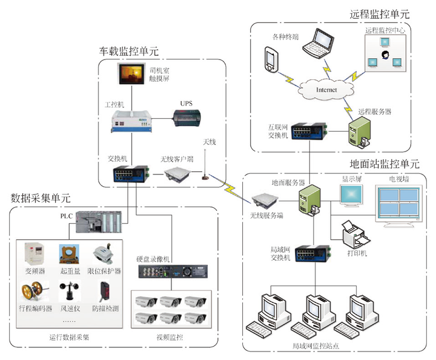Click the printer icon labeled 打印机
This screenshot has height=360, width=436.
[351, 235]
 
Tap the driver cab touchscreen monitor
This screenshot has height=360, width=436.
[133, 74]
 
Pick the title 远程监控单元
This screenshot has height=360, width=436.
[379, 14]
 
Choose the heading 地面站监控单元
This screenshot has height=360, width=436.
[385, 164]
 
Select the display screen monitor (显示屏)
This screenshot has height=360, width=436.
[351, 198]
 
